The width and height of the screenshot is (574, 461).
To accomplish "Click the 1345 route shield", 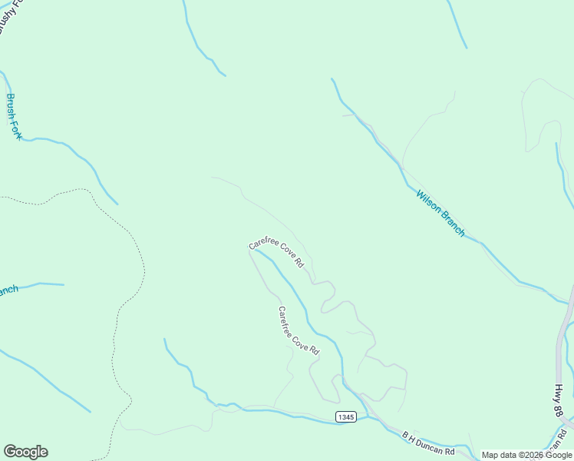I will pyautogui.click(x=345, y=416).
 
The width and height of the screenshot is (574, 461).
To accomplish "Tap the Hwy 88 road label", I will pyautogui.click(x=559, y=400).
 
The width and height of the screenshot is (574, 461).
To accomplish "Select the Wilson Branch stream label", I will pyautogui.click(x=440, y=213).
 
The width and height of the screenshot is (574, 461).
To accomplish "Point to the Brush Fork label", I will pyautogui.click(x=14, y=116).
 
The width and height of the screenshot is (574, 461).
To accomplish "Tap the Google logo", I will pyautogui.click(x=25, y=452).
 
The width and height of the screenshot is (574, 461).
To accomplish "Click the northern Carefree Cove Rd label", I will pyautogui.click(x=276, y=254).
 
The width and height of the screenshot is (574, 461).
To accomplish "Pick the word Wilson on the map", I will pyautogui.click(x=427, y=201).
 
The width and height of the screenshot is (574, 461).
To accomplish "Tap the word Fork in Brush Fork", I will pyautogui.click(x=16, y=128).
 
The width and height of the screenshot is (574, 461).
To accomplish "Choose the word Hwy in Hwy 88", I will pyautogui.click(x=559, y=393).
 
